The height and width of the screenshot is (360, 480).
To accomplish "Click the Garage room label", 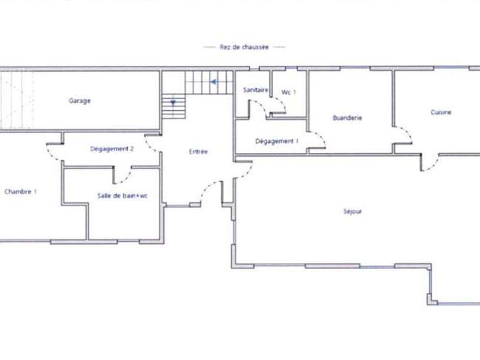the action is tap(80, 101).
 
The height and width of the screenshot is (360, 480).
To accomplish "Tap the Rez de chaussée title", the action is tap(244, 47).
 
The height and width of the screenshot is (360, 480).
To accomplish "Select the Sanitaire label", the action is tap(256, 89).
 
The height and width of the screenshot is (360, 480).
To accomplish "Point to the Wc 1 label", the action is tap(289, 92).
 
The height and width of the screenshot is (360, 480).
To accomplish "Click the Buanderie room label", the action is tap(347, 118).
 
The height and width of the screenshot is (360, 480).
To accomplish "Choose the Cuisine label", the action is tap(441, 112).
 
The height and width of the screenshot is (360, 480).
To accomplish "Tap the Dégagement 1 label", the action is tap(277, 141).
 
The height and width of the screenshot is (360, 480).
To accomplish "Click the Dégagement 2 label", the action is tap(112, 149).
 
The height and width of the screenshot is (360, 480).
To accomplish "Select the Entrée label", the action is tap(199, 152).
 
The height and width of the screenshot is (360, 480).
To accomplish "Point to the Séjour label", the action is tap(352, 211).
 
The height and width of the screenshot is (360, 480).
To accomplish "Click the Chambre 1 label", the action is tap(21, 191).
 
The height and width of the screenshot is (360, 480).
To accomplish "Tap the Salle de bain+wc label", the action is tap(122, 195).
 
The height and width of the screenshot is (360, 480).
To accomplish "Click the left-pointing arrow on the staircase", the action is tap(213, 82).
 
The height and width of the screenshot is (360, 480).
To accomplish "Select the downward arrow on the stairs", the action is tap(173, 103).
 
